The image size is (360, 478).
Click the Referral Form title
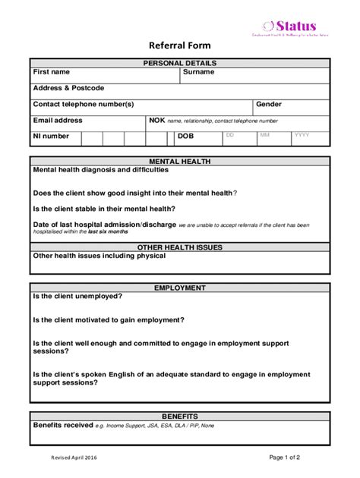(179, 46)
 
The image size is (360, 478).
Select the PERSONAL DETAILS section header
(180, 63)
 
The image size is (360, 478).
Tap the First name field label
(51, 72)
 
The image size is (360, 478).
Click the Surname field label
(198, 72)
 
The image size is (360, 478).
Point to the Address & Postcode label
(68, 88)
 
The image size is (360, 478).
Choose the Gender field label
(269, 104)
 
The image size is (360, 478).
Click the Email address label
(58, 120)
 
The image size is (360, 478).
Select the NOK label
(156, 120)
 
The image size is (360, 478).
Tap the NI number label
(51, 137)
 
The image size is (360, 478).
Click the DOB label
(186, 137)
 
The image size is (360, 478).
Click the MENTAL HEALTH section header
(180, 162)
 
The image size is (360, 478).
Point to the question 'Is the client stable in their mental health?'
(104, 209)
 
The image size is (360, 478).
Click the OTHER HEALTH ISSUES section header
(180, 247)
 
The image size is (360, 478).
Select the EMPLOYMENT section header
(180, 288)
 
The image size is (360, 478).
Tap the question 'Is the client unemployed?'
(77, 297)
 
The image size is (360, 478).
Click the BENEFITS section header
(180, 417)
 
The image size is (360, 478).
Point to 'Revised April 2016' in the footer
(74, 458)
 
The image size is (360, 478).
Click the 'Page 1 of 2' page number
(285, 458)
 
